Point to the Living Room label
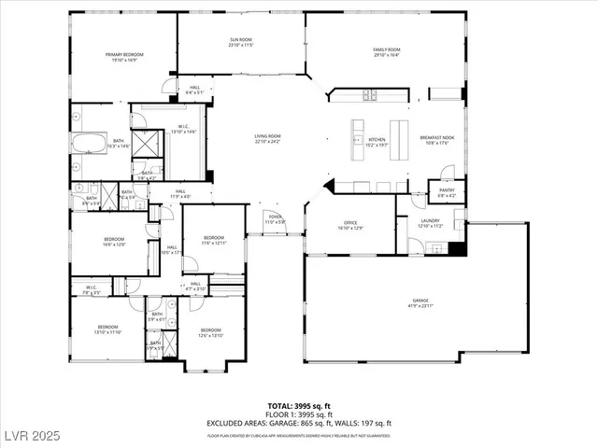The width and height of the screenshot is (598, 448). pyautogui.click(x=267, y=139)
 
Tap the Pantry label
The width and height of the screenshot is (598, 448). pyautogui.click(x=447, y=193)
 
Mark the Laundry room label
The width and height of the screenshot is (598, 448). pyautogui.click(x=430, y=224)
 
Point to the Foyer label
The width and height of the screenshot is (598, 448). pyautogui.click(x=274, y=220)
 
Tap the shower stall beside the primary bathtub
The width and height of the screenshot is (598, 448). pyautogui.click(x=145, y=144)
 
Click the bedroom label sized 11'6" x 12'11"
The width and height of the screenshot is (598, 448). pyautogui.click(x=214, y=239)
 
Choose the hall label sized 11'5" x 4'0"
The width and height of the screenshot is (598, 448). pyautogui.click(x=179, y=194)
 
